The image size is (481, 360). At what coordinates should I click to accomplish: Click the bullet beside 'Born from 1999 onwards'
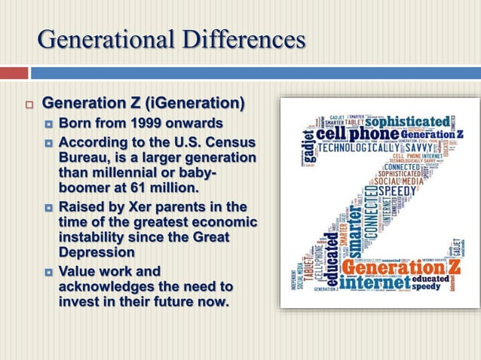tap(47, 124)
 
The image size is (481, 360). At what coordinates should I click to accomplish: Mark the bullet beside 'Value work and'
tap(47, 271)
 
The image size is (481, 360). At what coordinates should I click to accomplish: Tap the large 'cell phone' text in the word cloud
tap(357, 133)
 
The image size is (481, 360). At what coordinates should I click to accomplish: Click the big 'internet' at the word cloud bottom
tap(375, 284)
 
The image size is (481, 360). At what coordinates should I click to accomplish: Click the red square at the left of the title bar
tap(14, 73)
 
